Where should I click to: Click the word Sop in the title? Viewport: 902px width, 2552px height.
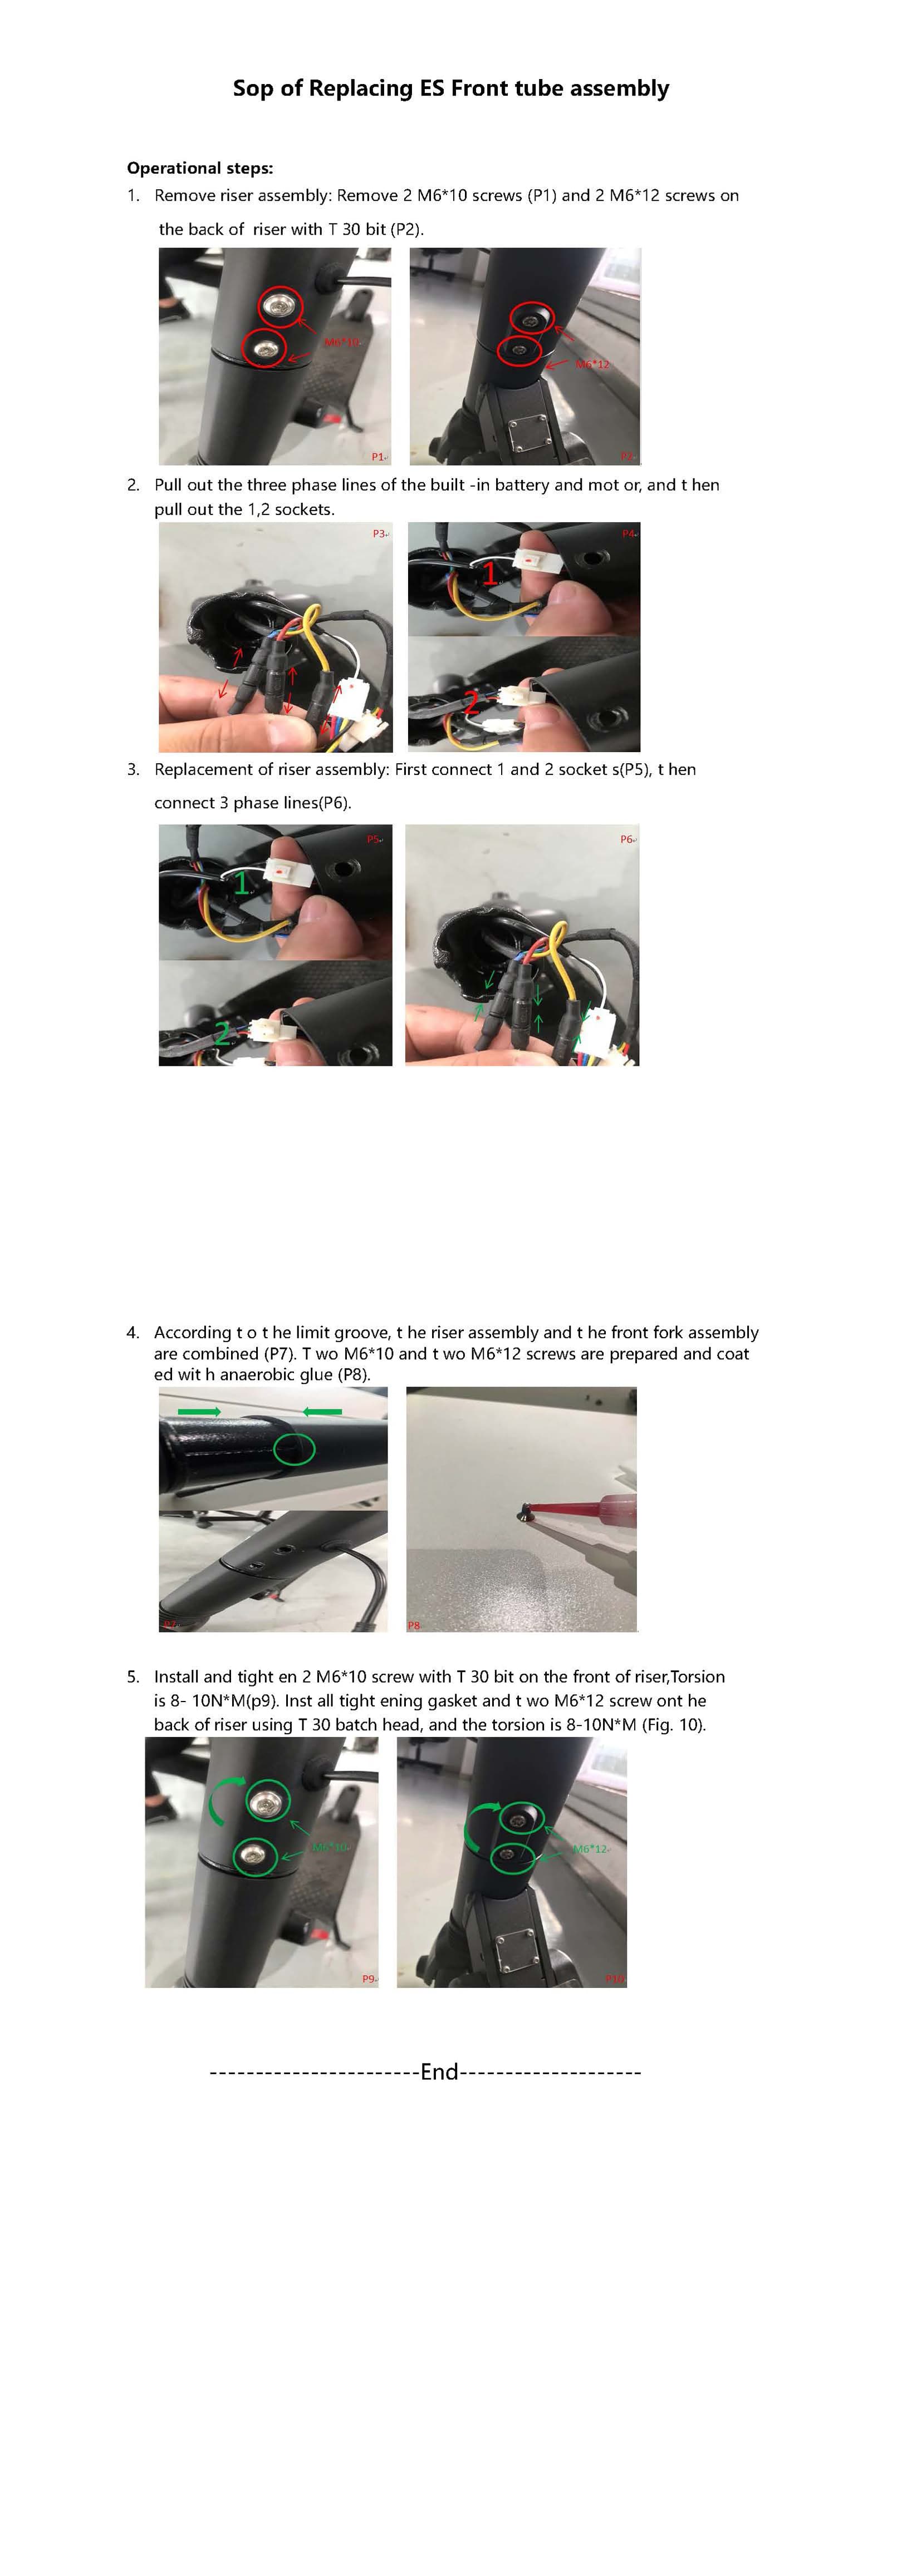click(254, 88)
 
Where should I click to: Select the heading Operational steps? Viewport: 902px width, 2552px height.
click(199, 167)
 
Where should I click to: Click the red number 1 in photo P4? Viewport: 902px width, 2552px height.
click(489, 572)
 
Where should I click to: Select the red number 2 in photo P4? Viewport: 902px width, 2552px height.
click(472, 704)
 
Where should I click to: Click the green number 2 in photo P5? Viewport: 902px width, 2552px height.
click(222, 1033)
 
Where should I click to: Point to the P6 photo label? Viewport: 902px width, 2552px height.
click(626, 839)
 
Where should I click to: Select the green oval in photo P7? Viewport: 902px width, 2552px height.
click(293, 1448)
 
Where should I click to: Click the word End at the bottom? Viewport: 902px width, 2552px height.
click(439, 2071)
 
